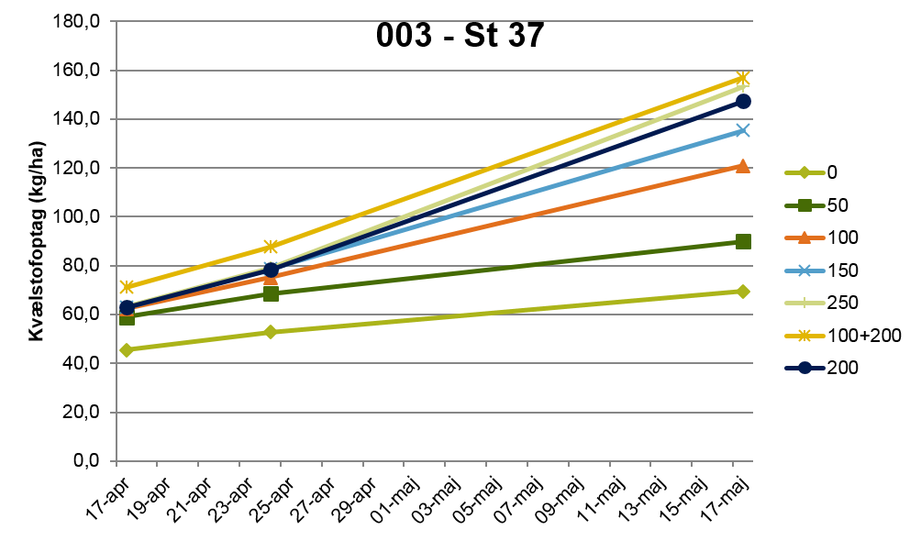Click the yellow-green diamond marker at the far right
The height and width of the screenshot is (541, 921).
[x=743, y=292]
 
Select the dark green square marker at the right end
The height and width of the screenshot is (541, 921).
[x=743, y=241]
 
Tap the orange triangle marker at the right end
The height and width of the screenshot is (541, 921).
[x=743, y=166]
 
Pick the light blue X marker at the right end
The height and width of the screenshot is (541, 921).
[x=743, y=130]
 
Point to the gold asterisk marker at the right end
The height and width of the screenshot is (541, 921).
[x=743, y=78]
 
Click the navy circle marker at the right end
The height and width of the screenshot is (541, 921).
[x=743, y=101]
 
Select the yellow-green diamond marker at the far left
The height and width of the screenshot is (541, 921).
[x=127, y=349]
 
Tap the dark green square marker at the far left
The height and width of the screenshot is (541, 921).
[x=127, y=317]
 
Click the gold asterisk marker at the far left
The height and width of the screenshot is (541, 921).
[x=127, y=286]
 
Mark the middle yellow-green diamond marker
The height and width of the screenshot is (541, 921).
[x=271, y=332]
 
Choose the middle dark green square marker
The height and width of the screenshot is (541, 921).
[x=271, y=293]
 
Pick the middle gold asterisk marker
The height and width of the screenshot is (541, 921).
[x=271, y=247]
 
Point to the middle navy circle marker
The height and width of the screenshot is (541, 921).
[x=271, y=270]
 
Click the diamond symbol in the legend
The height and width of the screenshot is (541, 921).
[x=804, y=172]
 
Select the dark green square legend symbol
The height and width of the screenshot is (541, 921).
[x=804, y=205]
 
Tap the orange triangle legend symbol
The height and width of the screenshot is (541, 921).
[x=804, y=237]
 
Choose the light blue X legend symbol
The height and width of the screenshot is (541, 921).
[x=804, y=270]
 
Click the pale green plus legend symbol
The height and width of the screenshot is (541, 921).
[x=804, y=303]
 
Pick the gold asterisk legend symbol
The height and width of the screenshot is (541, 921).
[x=804, y=336]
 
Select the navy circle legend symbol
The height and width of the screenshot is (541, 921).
[x=804, y=368]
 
